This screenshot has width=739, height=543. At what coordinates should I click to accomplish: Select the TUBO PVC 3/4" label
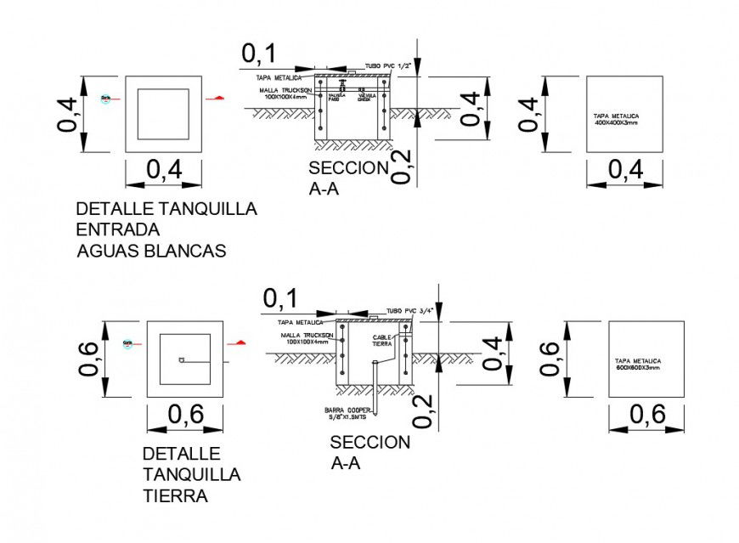point(410,311)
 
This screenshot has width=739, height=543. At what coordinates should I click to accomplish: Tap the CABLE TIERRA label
point(382,340)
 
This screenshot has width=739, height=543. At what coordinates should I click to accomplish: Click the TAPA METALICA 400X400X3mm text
point(617,118)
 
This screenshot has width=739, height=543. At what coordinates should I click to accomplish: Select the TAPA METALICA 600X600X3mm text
point(638,364)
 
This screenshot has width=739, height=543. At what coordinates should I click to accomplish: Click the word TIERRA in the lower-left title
point(175,496)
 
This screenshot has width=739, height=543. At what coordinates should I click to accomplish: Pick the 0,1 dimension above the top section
point(259,54)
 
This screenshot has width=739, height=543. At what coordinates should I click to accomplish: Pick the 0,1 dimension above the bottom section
point(280,298)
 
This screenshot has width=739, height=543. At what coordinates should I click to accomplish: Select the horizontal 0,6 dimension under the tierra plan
point(185,415)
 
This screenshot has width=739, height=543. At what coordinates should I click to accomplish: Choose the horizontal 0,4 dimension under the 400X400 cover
point(625,170)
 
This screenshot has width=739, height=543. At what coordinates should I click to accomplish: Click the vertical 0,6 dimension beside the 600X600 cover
point(550,359)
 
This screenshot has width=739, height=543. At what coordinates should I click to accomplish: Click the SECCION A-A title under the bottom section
point(369,452)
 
